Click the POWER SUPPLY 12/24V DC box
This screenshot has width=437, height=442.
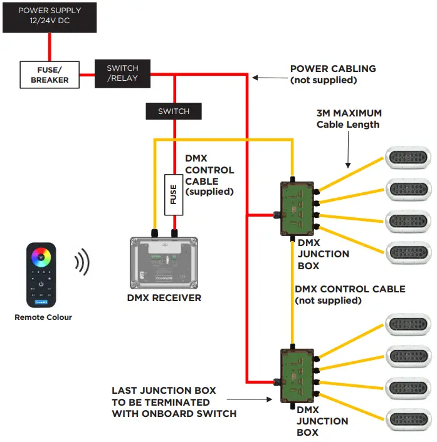[50, 17]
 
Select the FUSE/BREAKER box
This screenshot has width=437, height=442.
[50, 74]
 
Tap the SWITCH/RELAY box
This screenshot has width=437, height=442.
[122, 73]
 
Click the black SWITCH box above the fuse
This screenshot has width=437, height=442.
[174, 111]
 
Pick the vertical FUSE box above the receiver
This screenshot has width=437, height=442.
[174, 194]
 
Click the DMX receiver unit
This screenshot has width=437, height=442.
[163, 262]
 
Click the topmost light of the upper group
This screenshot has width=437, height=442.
[408, 157]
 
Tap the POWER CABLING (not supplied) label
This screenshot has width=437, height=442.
[333, 74]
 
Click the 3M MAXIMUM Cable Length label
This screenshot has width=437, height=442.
[349, 119]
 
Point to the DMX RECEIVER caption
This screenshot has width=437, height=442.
[164, 297]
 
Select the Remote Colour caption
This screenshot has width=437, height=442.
[43, 317]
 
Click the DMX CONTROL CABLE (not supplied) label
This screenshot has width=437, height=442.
[350, 294]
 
